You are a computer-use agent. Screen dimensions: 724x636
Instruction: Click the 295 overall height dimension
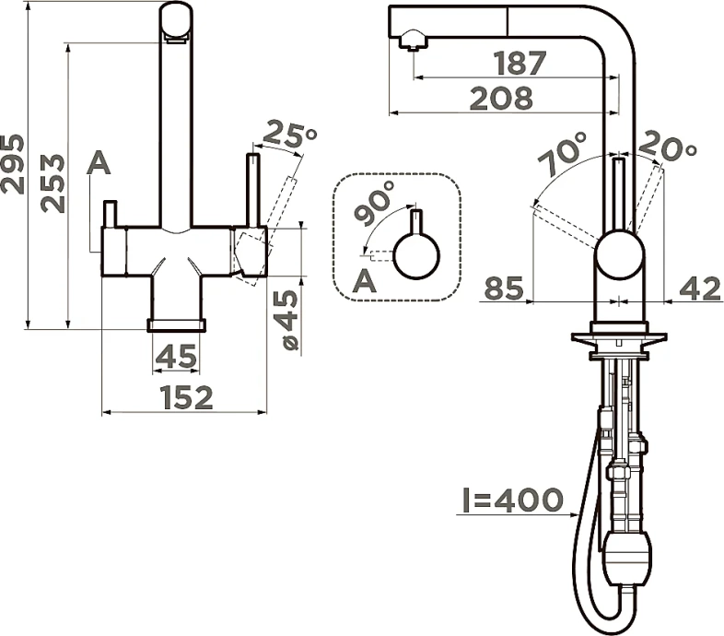(x=13, y=164)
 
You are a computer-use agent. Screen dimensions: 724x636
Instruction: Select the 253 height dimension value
(x=53, y=183)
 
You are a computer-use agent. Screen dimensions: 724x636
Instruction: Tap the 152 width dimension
(x=188, y=398)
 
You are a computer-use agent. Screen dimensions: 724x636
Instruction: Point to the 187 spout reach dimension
(x=520, y=64)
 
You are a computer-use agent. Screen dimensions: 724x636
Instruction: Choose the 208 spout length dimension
(x=501, y=99)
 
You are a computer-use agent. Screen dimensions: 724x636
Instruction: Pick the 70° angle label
(x=563, y=153)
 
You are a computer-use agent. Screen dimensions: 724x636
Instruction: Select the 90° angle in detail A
(x=375, y=203)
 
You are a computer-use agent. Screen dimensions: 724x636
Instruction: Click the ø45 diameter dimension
(x=289, y=320)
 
